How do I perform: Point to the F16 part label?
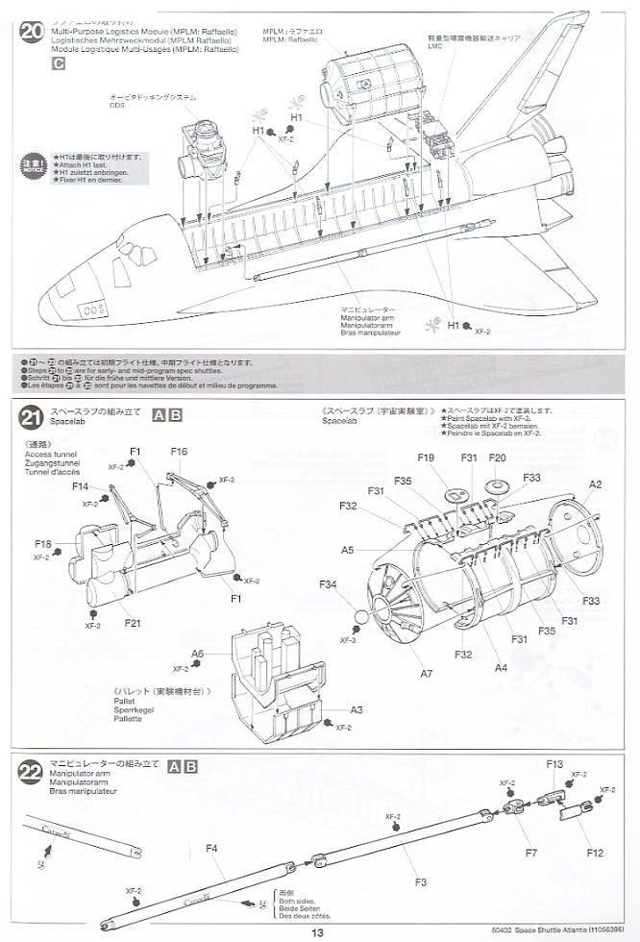coord(179,452)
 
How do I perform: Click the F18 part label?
coord(42,544)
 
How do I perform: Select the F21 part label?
coord(133,623)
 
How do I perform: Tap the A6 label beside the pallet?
coord(197,653)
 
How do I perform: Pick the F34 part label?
coord(329,584)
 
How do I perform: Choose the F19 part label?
coord(428,458)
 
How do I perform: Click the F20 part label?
coord(497,458)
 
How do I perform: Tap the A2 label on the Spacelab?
coord(595,484)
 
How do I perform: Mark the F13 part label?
coord(555,764)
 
